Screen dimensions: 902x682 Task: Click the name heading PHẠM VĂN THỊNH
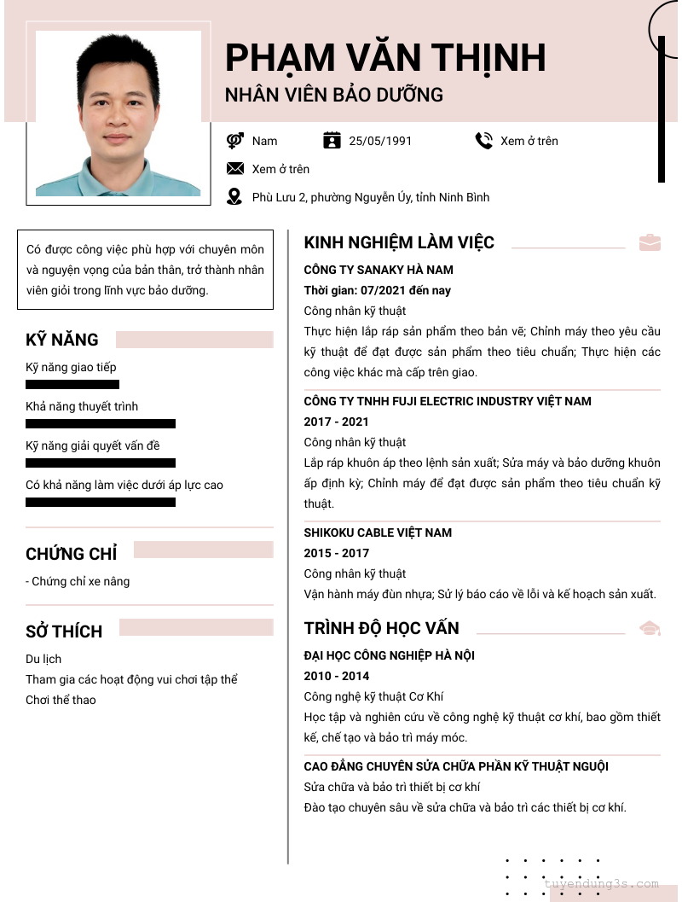[385, 57]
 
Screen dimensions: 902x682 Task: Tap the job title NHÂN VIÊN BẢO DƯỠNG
[334, 95]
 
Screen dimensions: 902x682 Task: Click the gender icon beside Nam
[235, 141]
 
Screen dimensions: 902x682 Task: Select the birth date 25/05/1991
[380, 141]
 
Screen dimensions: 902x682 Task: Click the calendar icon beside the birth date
[332, 141]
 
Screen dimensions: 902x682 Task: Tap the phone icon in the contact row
[484, 141]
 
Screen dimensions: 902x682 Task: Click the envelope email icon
[235, 169]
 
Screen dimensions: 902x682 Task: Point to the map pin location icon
[234, 197]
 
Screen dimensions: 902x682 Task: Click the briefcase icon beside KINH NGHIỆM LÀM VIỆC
[650, 242]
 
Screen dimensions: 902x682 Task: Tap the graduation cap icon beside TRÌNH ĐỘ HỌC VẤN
[650, 629]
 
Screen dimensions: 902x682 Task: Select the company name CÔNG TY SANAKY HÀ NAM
[379, 270]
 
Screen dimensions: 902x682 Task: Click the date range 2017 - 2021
[337, 422]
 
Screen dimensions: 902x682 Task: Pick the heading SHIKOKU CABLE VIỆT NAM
[378, 532]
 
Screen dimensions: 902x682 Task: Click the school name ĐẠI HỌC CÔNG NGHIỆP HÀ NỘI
[390, 655]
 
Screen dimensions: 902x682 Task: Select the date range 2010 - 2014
[337, 676]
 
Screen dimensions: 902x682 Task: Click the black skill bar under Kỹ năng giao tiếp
[72, 384]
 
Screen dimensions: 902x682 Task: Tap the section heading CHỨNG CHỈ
[72, 554]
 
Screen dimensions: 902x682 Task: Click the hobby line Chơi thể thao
[61, 700]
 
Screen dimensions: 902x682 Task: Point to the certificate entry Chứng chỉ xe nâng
[78, 581]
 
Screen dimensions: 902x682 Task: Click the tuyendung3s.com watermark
[601, 884]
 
